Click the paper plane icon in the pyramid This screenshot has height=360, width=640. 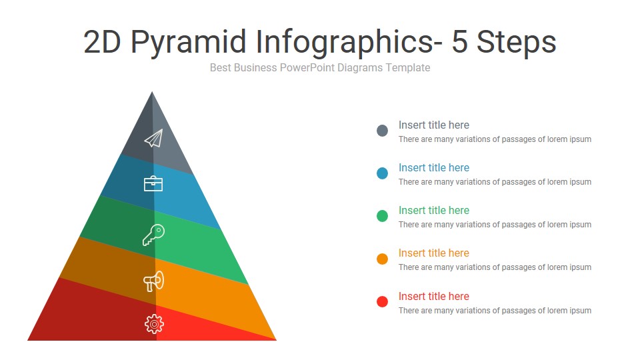[153, 138]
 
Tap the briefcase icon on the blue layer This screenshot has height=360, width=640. [153, 183]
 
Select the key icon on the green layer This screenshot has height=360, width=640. [153, 235]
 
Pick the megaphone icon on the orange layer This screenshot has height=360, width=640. [153, 281]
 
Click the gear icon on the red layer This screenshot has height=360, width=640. [154, 324]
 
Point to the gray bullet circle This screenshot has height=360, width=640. [382, 131]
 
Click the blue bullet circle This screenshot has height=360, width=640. [382, 173]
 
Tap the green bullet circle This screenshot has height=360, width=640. [382, 216]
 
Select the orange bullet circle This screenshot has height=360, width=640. [382, 259]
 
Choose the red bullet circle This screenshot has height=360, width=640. [382, 301]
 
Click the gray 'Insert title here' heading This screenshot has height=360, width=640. [433, 125]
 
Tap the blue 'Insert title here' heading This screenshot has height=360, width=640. [433, 167]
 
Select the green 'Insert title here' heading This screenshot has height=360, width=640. [433, 210]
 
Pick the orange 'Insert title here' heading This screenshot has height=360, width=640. [433, 253]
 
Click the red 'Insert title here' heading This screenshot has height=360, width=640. [433, 296]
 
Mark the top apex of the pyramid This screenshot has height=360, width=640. [153, 93]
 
